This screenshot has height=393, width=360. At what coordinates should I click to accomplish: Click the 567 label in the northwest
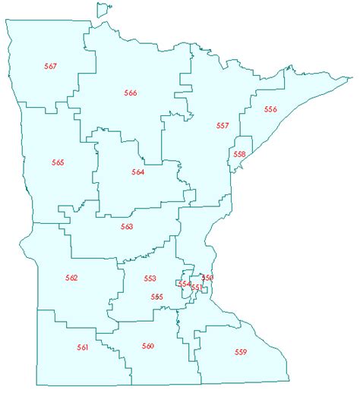[x=51, y=67]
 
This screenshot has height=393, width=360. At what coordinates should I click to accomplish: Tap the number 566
[x=131, y=93]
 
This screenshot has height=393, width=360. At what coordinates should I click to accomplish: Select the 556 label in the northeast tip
[x=270, y=109]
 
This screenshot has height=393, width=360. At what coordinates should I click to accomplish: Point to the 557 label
[x=223, y=125]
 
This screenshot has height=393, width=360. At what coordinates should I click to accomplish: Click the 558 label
[x=239, y=154]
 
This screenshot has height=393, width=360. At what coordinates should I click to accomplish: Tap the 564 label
[x=137, y=172]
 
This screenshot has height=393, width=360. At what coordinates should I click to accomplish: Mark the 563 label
[x=127, y=227]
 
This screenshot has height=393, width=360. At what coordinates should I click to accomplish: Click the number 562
[x=71, y=278]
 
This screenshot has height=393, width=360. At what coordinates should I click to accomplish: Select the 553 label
[x=150, y=278]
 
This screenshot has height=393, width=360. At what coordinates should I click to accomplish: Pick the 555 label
[x=156, y=297]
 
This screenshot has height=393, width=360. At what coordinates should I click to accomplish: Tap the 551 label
[x=196, y=288]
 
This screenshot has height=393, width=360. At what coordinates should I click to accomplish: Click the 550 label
[x=207, y=278]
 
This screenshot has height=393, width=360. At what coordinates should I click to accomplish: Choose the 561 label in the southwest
[x=83, y=347]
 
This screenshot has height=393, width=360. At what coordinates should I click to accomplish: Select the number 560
[x=148, y=346]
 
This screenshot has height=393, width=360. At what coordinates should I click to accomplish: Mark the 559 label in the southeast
[x=241, y=352]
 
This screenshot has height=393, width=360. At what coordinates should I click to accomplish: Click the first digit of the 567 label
[x=46, y=67]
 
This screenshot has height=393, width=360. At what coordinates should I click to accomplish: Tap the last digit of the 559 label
[x=245, y=352]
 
